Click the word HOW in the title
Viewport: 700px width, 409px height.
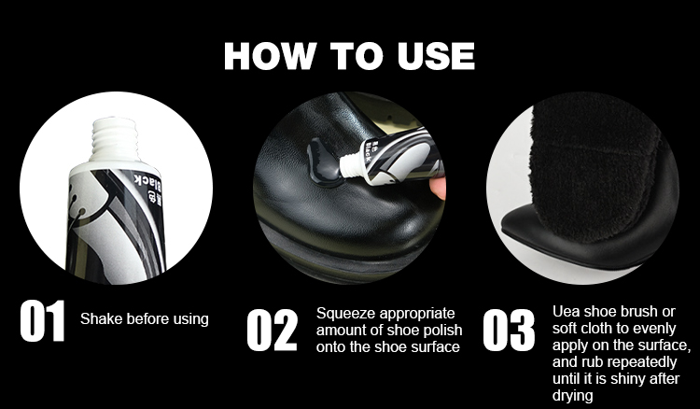point(270,56)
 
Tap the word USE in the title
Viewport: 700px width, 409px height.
point(436,56)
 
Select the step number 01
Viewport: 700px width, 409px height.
point(42,320)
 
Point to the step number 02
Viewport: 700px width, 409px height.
point(272,330)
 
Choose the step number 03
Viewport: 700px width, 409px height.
point(509,330)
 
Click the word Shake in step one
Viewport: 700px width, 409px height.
point(102,318)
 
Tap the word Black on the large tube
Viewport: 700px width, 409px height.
point(147,182)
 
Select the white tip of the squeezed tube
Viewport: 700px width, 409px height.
point(350,164)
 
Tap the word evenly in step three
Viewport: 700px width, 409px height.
point(655,328)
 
